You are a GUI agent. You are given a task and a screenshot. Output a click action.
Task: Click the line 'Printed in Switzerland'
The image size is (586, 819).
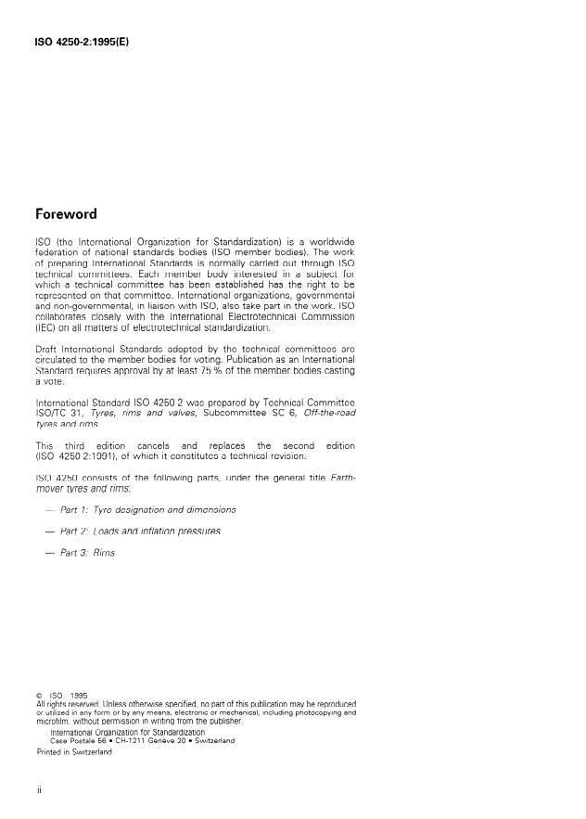[73, 751]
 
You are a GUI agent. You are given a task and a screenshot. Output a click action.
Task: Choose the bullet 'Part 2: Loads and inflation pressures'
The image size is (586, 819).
[140, 531]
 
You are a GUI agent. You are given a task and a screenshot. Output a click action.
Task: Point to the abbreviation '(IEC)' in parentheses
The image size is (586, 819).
[46, 326]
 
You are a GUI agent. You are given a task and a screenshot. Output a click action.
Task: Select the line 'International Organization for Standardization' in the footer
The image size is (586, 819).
[127, 732]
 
